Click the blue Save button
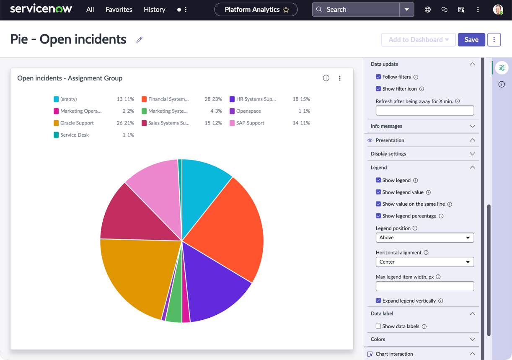pyautogui.click(x=471, y=39)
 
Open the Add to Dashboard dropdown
pyautogui.click(x=418, y=39)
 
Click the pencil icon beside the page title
pyautogui.click(x=140, y=39)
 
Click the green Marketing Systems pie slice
pyautogui.click(x=174, y=311)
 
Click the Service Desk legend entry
pyautogui.click(x=71, y=135)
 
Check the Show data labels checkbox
pyautogui.click(x=378, y=326)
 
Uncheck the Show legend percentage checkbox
pyautogui.click(x=378, y=216)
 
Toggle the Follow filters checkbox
pyautogui.click(x=378, y=77)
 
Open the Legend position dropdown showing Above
pyautogui.click(x=425, y=238)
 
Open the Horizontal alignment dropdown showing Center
pyautogui.click(x=425, y=262)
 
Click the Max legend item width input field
pyautogui.click(x=425, y=286)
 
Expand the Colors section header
pyautogui.click(x=423, y=339)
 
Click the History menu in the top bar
pyautogui.click(x=155, y=10)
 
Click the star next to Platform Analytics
pyautogui.click(x=286, y=10)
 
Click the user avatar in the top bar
pyautogui.click(x=498, y=10)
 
